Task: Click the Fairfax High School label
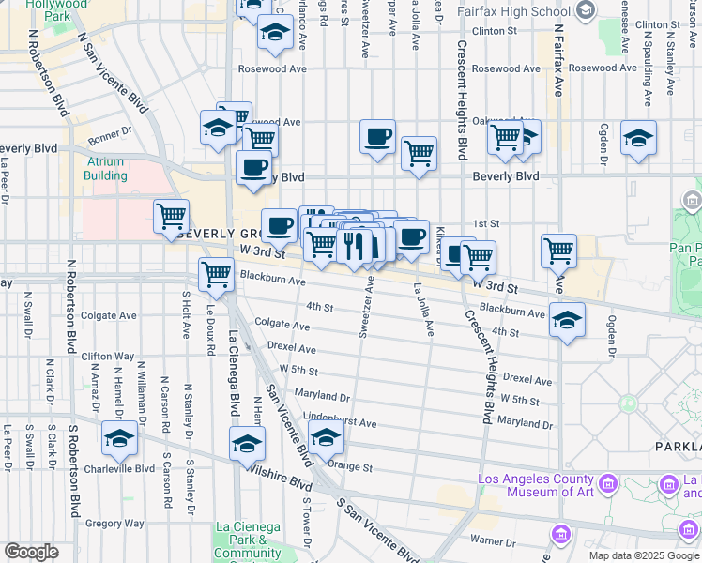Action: (x=500, y=10)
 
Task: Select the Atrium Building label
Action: (x=104, y=169)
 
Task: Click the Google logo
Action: (x=31, y=551)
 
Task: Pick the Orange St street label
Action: (x=350, y=467)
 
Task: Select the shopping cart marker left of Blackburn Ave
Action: (x=216, y=274)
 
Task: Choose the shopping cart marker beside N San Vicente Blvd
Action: (x=171, y=216)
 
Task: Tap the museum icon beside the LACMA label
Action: (x=607, y=484)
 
